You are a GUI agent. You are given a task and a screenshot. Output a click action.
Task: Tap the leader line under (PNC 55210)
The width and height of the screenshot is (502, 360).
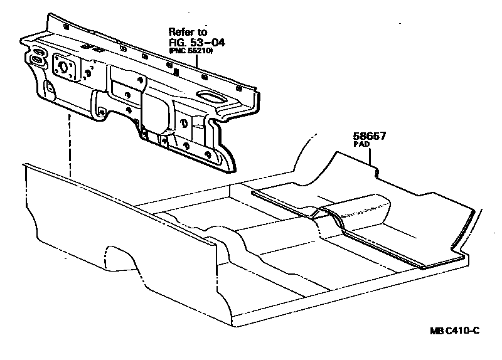(198, 60)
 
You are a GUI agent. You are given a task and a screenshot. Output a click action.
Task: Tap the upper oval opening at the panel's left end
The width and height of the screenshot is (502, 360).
(37, 51)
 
